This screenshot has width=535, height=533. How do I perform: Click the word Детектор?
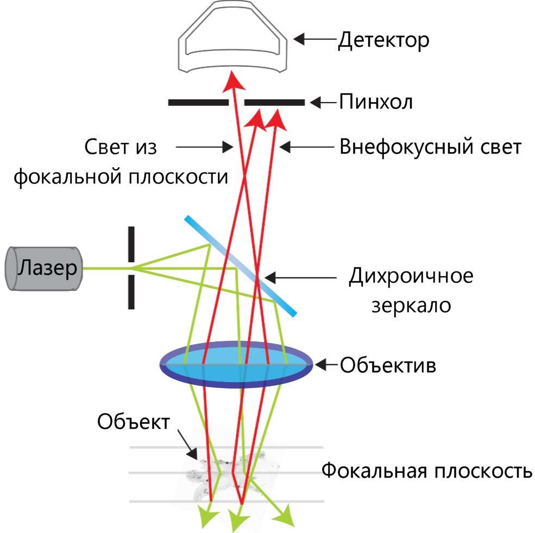coord(383,40)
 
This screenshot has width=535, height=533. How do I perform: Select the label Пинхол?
coord(375,102)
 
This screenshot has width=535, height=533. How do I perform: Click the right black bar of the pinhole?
coord(274,102)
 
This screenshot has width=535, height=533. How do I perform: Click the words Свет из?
coord(121,147)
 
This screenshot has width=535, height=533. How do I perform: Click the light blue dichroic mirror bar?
coord(241,266)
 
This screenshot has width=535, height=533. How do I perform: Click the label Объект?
coord(134,421)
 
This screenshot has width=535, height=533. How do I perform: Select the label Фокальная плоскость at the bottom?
coord(426,470)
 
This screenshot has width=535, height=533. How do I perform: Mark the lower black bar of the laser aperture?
coord(131,292)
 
